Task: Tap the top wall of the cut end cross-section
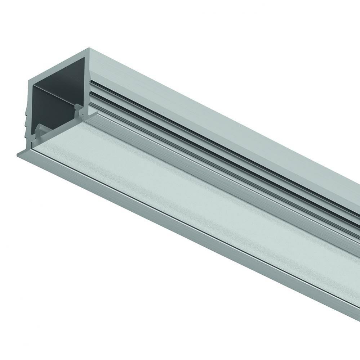[x=58, y=65]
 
